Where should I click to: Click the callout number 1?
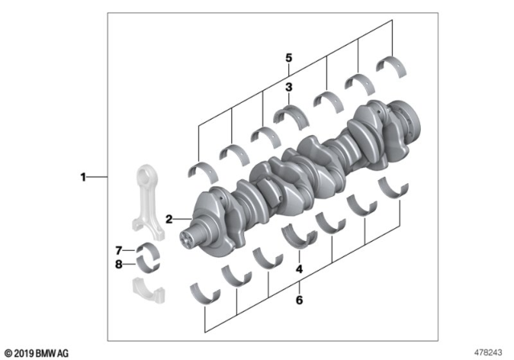click(82, 176)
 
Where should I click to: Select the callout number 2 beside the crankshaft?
click(169, 219)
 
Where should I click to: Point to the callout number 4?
click(298, 269)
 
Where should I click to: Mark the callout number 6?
click(298, 301)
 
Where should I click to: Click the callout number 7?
click(117, 250)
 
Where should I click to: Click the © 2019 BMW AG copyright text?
click(37, 353)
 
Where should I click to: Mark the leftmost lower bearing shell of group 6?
click(205, 290)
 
